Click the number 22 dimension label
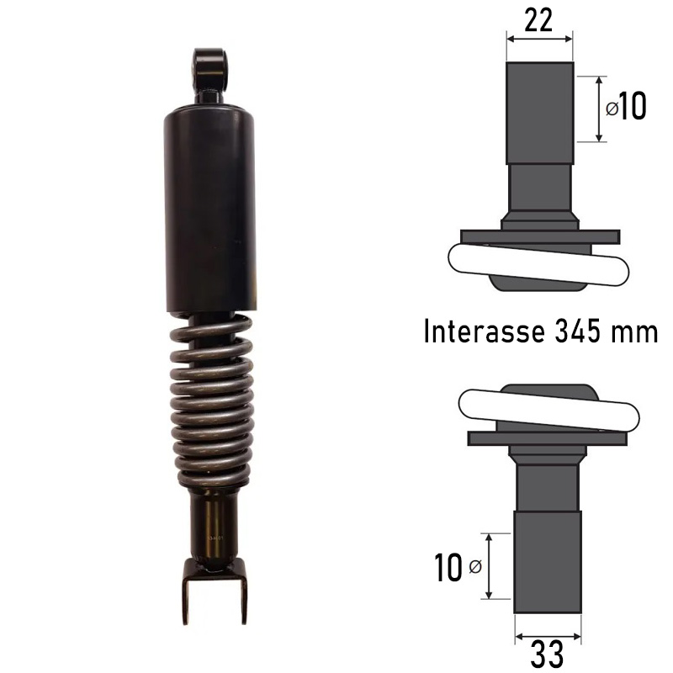pos(538,19)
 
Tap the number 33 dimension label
pos(547,655)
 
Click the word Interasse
pos(485,331)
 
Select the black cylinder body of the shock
pos(209,209)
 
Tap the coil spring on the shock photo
pos(211,401)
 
